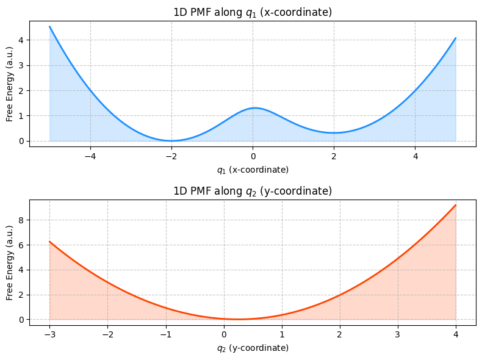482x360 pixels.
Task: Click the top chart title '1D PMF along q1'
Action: click(x=253, y=13)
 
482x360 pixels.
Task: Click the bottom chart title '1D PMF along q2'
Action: click(x=253, y=191)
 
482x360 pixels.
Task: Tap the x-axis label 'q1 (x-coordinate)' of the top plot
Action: click(x=253, y=170)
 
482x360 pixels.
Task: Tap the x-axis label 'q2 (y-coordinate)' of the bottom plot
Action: click(x=253, y=348)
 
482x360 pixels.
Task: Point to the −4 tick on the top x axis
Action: click(x=90, y=156)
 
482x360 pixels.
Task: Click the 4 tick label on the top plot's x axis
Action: click(x=415, y=156)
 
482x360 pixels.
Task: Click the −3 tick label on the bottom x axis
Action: click(x=49, y=334)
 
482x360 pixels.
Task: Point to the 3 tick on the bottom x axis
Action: click(x=398, y=334)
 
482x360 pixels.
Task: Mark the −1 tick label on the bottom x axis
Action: click(x=165, y=334)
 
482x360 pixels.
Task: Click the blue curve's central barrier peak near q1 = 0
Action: click(x=253, y=108)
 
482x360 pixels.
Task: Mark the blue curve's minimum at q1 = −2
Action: click(x=171, y=141)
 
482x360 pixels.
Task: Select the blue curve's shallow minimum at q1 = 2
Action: click(x=334, y=133)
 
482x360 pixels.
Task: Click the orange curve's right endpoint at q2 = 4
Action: click(x=456, y=205)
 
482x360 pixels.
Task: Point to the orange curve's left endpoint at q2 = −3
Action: click(x=49, y=242)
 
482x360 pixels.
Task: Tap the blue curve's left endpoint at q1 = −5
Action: click(x=50, y=26)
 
